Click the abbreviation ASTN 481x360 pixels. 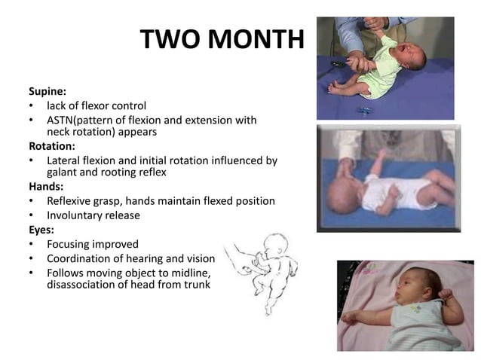click(63, 120)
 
